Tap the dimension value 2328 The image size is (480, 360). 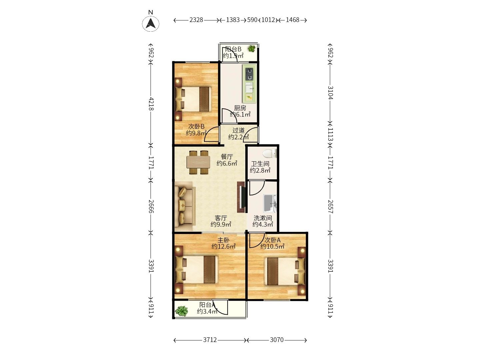click(x=196, y=20)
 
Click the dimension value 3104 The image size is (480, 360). click(x=330, y=93)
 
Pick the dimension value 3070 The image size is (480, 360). click(x=277, y=340)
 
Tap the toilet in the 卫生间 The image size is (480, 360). click(x=270, y=153)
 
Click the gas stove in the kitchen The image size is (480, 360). click(x=249, y=74)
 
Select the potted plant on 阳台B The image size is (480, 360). click(x=252, y=49)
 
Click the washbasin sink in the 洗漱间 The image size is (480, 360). click(x=270, y=203)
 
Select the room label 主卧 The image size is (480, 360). click(x=223, y=240)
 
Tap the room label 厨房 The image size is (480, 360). click(x=240, y=108)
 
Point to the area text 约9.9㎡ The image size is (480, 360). click(x=221, y=224)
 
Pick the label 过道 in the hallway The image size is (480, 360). click(x=238, y=130)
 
